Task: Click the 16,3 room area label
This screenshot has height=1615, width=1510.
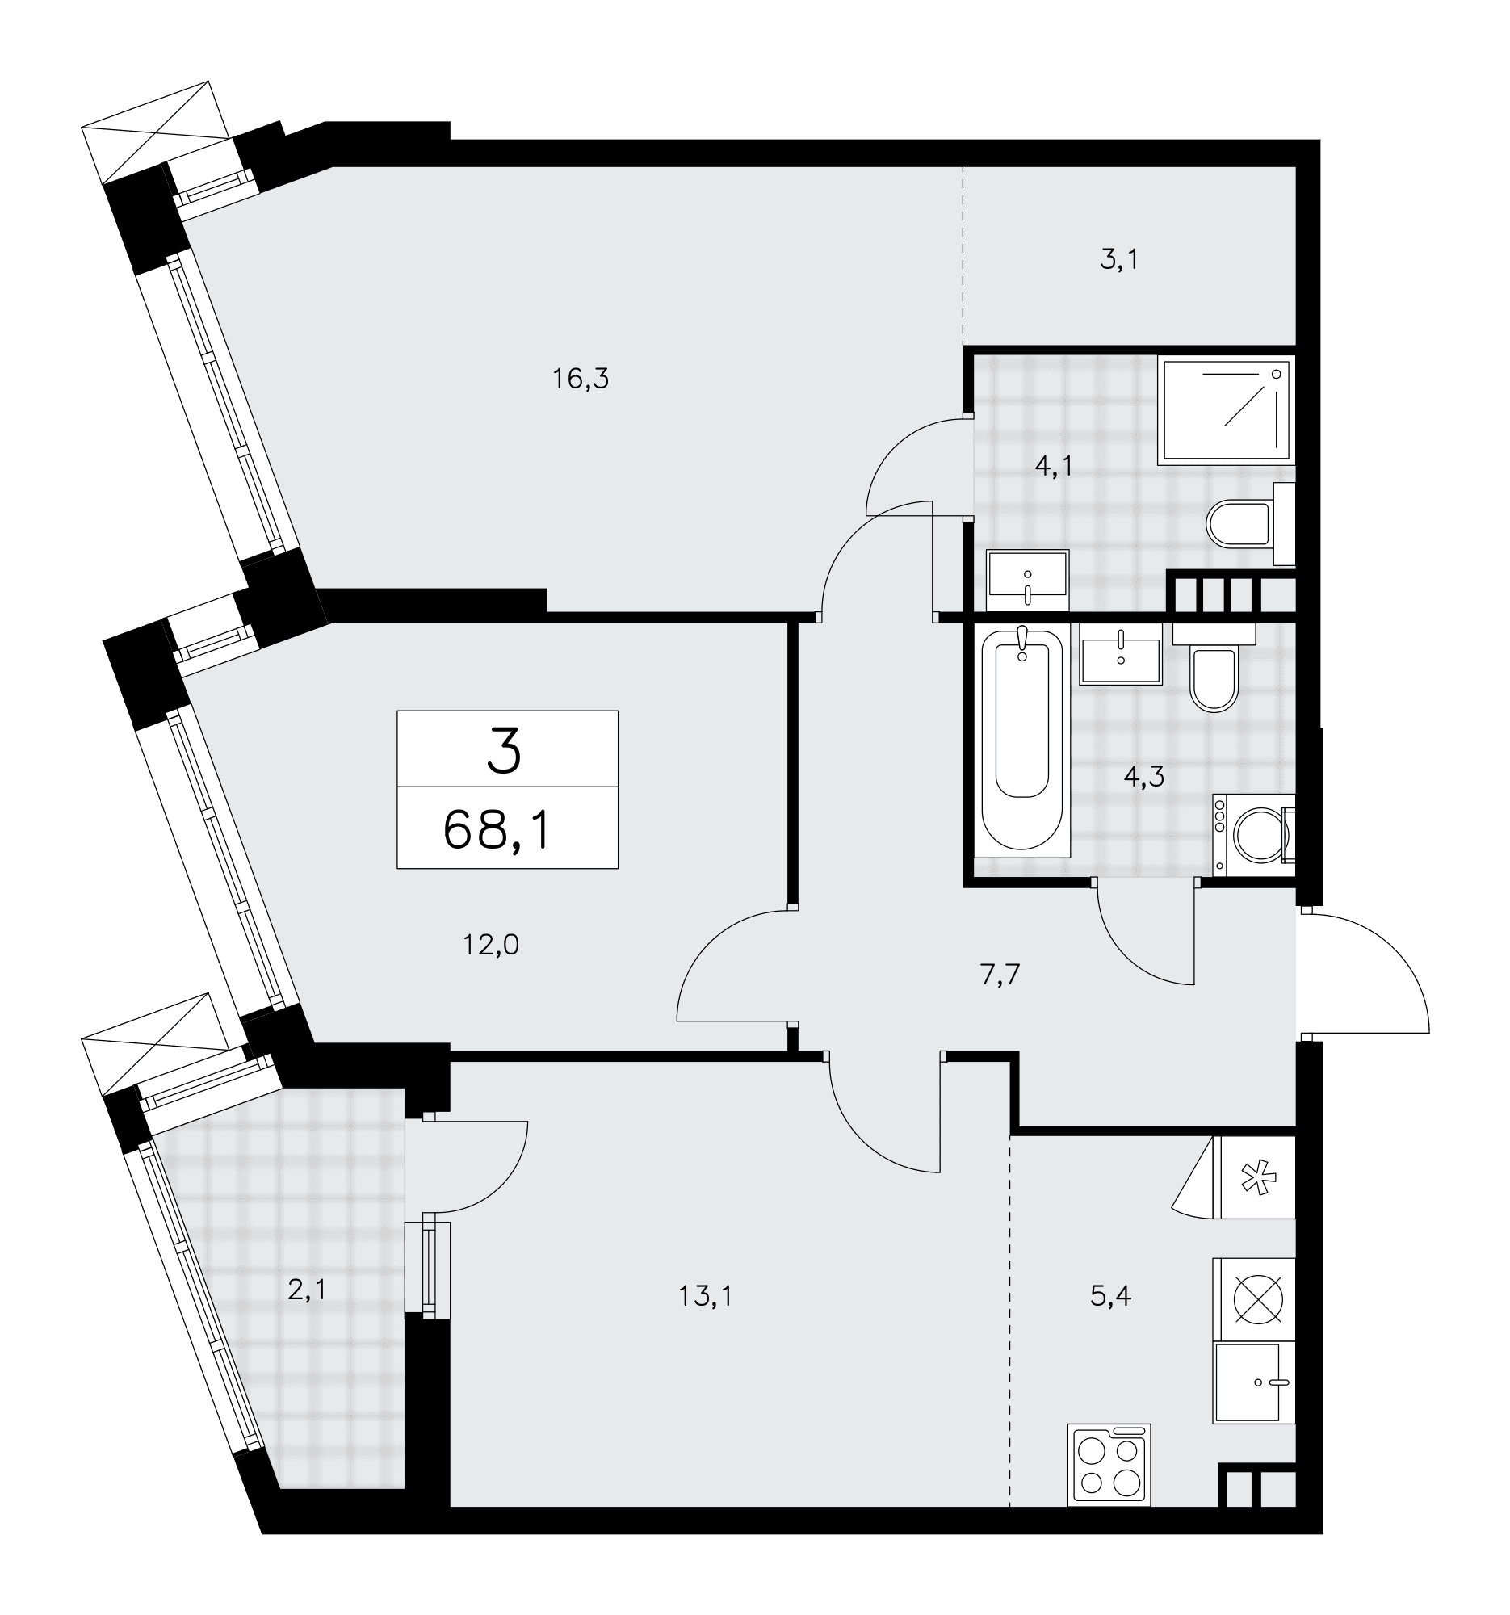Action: [x=581, y=379]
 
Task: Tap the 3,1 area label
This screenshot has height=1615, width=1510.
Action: [x=1118, y=260]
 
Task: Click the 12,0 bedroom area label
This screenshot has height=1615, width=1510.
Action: [x=491, y=945]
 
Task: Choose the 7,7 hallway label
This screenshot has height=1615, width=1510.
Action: [x=999, y=975]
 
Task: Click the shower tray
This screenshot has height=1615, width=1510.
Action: [x=1225, y=411]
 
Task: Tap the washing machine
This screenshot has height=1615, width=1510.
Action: [x=1253, y=834]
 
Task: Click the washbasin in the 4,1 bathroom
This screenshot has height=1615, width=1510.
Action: [x=1027, y=580]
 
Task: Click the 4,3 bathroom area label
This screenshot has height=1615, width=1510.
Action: [x=1143, y=778]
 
